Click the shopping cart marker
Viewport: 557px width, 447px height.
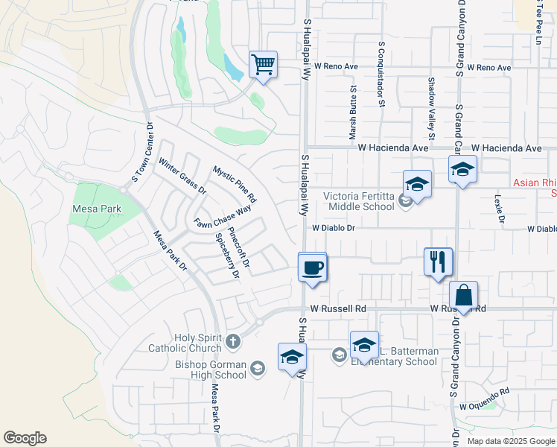point(263,65)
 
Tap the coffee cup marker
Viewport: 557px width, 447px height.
point(312,267)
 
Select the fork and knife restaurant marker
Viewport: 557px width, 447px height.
point(437,261)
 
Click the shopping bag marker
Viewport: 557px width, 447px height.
point(463,296)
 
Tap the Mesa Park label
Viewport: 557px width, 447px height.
point(96,209)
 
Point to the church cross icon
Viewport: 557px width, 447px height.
point(233,342)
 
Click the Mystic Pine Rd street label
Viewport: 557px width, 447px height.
point(235,184)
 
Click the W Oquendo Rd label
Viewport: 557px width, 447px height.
point(484,399)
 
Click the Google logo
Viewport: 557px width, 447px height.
point(25,438)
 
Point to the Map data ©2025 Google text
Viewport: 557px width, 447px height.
point(510,441)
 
